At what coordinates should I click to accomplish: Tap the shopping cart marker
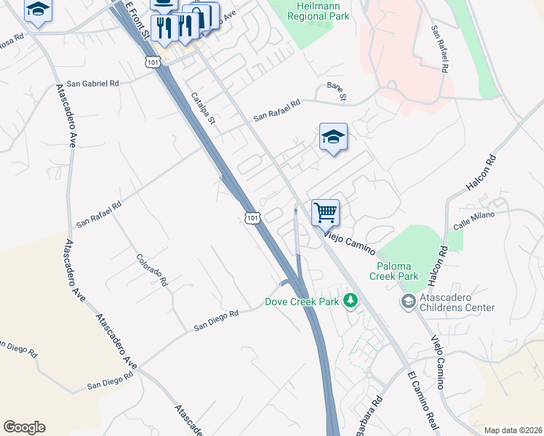[x=325, y=213]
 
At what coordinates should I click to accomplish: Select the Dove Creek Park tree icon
[x=351, y=300]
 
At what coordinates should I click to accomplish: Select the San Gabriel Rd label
[x=92, y=84]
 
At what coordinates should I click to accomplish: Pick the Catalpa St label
[x=203, y=108]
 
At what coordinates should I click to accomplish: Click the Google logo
[x=24, y=427]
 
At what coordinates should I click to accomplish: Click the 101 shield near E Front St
[x=153, y=62]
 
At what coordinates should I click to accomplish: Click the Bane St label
[x=336, y=92]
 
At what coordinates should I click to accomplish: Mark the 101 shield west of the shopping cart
[x=252, y=217]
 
